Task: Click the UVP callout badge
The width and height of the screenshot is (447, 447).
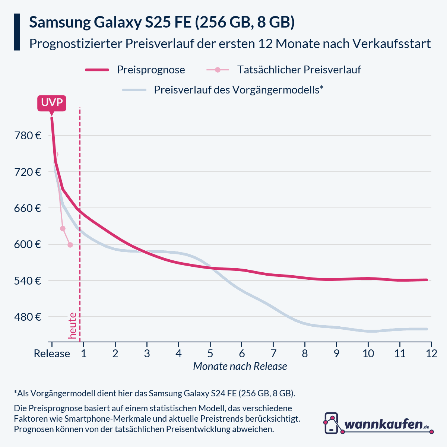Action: click(52, 103)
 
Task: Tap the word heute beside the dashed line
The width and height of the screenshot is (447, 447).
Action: click(73, 326)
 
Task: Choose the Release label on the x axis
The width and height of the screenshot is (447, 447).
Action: click(52, 354)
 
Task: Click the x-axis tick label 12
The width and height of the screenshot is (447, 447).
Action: click(431, 354)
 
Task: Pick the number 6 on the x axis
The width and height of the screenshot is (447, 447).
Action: click(242, 354)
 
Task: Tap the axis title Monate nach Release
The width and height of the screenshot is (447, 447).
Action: click(240, 367)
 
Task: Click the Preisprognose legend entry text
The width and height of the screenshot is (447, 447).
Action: click(151, 70)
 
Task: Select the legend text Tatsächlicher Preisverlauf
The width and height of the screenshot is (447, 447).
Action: click(299, 70)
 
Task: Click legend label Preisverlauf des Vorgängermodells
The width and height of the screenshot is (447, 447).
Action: click(238, 90)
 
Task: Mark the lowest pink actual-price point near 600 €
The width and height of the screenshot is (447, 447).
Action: click(70, 245)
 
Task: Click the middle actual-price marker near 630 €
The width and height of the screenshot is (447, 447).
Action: click(63, 228)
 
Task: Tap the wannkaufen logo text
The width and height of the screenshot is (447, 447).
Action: click(384, 424)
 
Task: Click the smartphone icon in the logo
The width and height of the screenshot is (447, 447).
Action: click(331, 423)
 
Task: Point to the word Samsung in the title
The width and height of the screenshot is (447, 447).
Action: click(60, 23)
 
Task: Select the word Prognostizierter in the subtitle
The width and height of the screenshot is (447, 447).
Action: click(75, 44)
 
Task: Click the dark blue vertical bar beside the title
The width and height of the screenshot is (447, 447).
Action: click(17, 32)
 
